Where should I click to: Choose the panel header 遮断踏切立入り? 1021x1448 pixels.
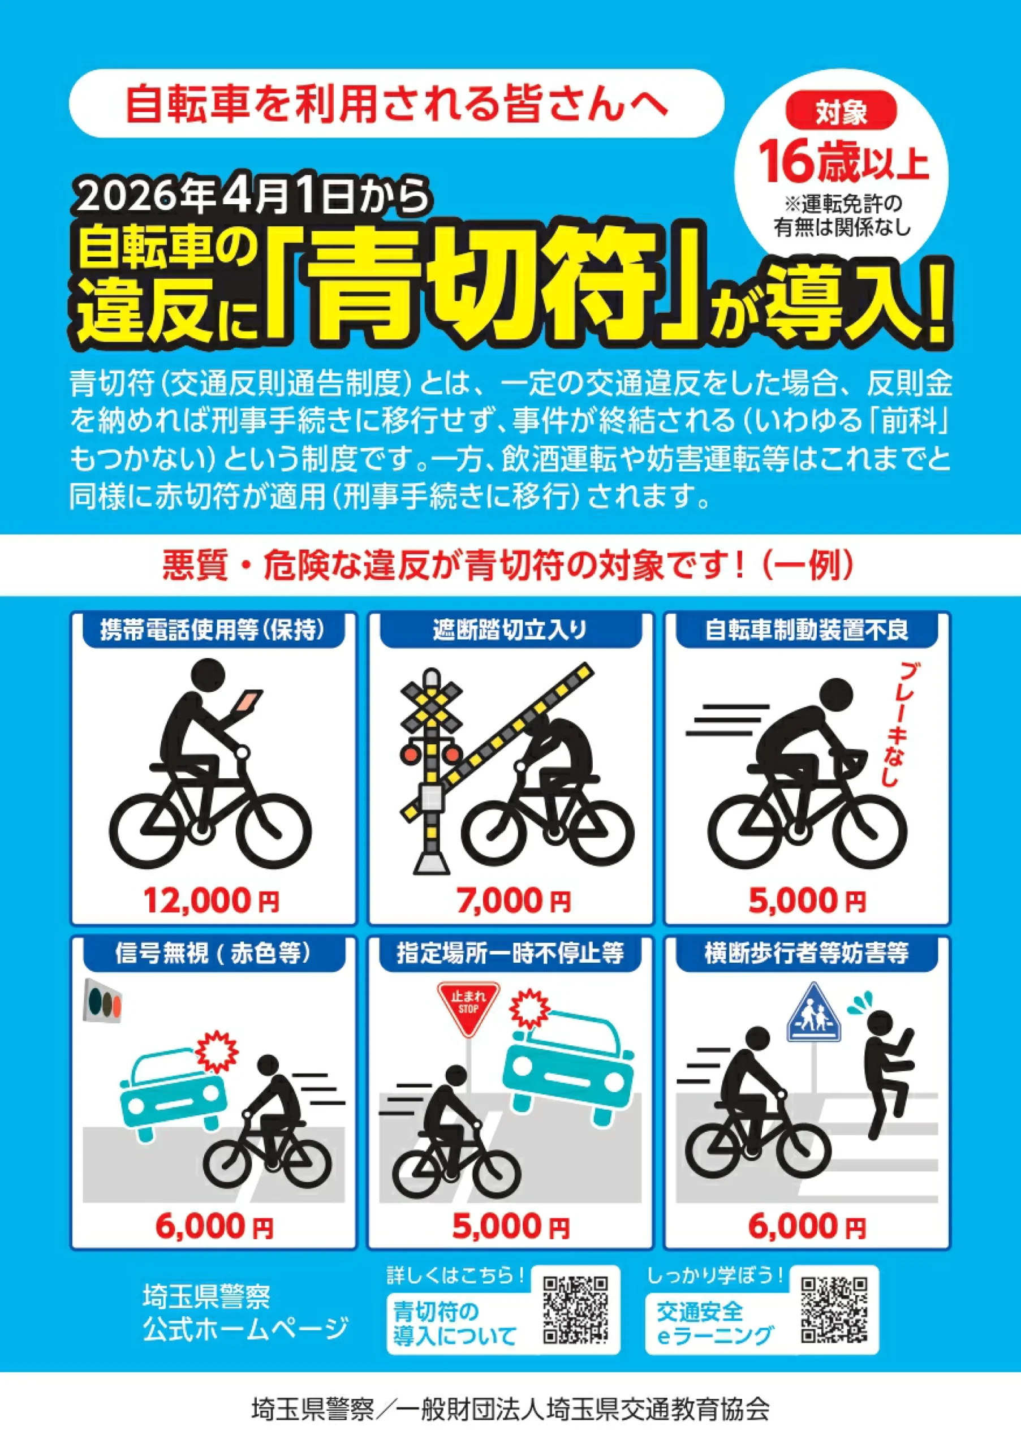pos(510,630)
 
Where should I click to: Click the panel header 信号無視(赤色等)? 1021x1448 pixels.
pos(213,953)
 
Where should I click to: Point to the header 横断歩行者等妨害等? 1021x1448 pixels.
pos(807,953)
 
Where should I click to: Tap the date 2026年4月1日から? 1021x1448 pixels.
pos(253,197)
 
